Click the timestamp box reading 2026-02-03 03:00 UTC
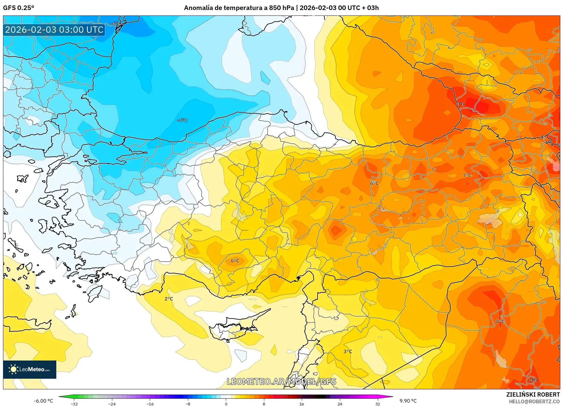click(54, 30)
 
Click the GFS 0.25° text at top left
click(18, 8)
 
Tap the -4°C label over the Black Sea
click(182, 120)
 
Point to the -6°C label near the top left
click(116, 24)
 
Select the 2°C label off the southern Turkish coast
click(169, 299)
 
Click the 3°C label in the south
click(347, 351)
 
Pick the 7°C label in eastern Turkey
click(467, 176)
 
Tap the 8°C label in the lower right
click(500, 321)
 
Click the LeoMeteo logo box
click(30, 369)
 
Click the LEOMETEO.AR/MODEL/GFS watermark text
click(281, 381)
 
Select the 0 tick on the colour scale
click(226, 404)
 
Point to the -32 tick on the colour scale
click(74, 404)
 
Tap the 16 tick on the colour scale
click(301, 404)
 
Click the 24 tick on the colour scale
click(340, 404)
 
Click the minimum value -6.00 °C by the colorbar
click(43, 401)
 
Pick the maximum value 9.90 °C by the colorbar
click(408, 401)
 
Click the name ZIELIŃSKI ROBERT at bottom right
click(533, 394)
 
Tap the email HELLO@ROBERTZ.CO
click(534, 401)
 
